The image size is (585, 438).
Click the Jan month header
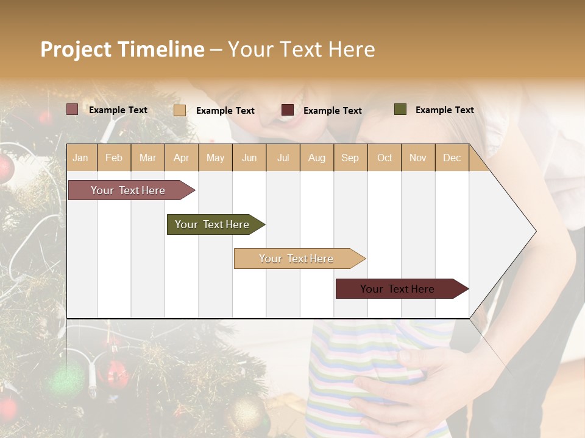(80, 158)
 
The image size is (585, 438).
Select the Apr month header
(182, 158)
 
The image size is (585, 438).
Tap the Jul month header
(283, 158)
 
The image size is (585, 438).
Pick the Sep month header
(350, 158)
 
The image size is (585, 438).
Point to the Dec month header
(452, 158)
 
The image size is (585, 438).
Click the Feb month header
(114, 158)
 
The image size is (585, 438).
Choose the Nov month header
(417, 158)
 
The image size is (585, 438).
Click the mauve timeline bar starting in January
(129, 190)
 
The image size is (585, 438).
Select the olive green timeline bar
(213, 224)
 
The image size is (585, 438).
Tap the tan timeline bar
(297, 259)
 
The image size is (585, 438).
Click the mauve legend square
(72, 109)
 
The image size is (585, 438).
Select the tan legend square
(180, 110)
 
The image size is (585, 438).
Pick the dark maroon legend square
(288, 110)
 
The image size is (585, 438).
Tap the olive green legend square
(400, 109)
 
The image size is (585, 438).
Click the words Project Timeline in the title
(122, 49)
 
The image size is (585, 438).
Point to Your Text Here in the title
(301, 49)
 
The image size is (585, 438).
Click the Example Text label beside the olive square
(444, 109)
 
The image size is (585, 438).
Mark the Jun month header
(249, 158)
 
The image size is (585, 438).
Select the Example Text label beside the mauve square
(118, 109)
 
